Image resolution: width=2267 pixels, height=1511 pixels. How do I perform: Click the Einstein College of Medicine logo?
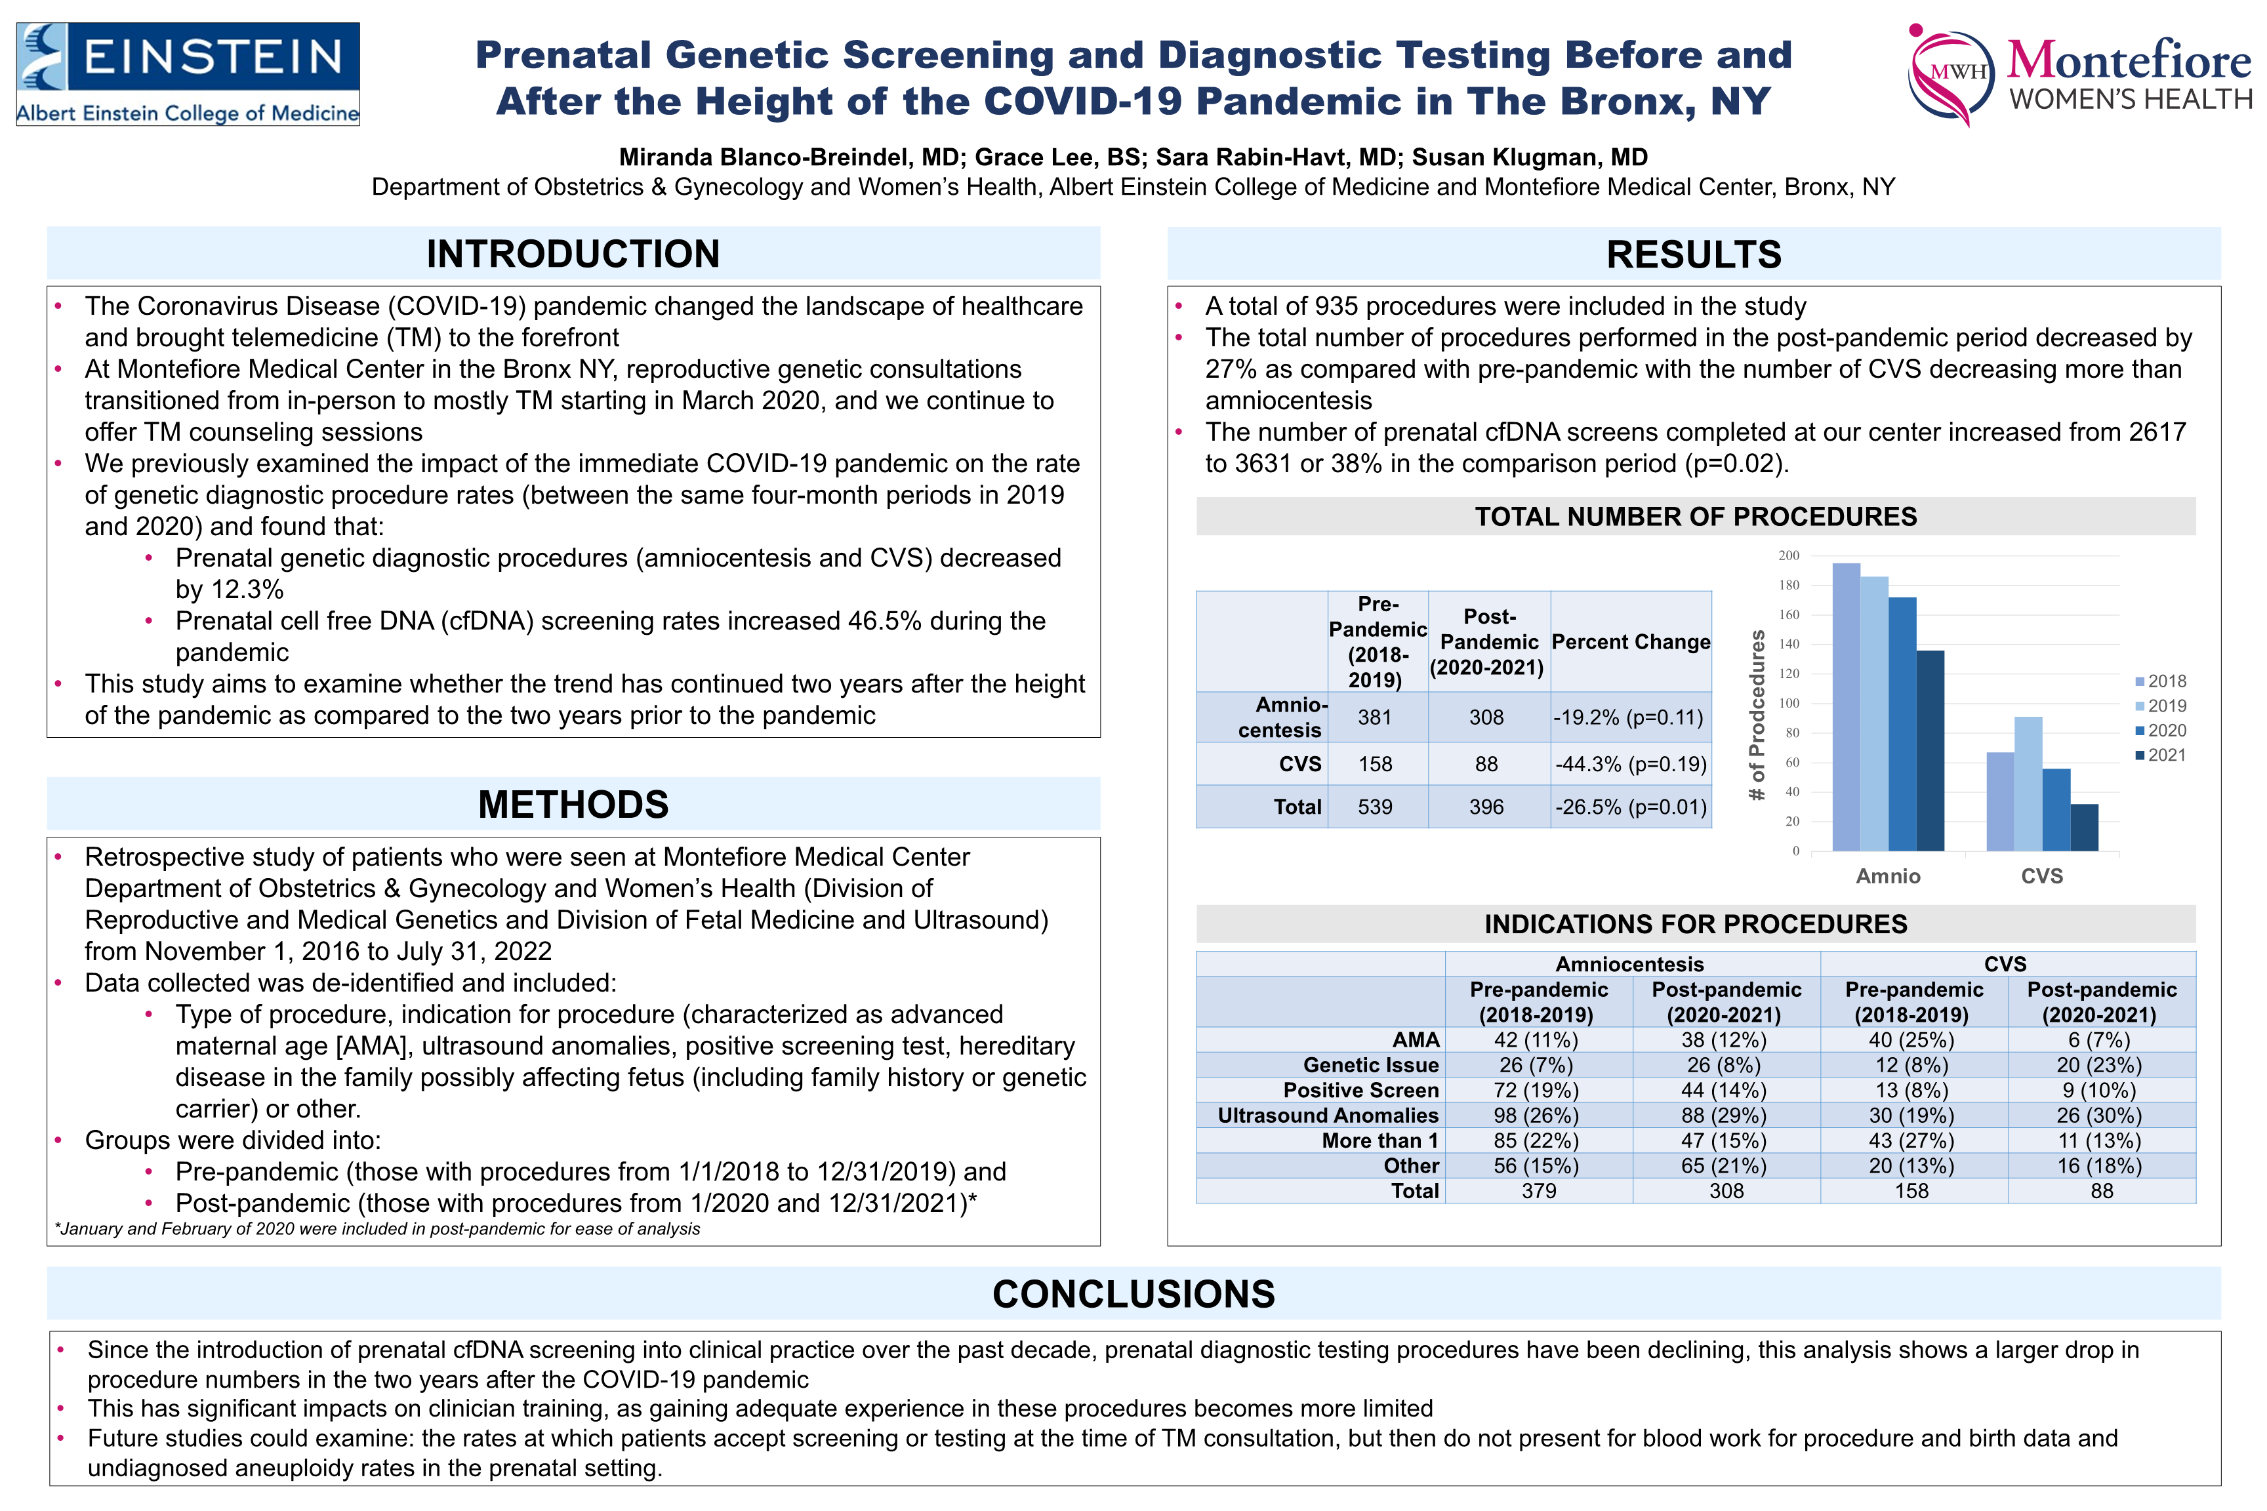[188, 74]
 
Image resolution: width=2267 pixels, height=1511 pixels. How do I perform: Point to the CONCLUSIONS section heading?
[1133, 1294]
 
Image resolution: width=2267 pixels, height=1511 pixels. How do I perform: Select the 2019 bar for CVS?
[2028, 784]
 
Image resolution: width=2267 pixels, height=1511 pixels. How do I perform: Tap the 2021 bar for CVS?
[2084, 827]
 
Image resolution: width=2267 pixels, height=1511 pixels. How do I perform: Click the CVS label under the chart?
[2041, 876]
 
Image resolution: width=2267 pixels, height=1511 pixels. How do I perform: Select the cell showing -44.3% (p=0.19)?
[1631, 764]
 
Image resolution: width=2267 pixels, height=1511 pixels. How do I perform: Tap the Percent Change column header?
[1631, 642]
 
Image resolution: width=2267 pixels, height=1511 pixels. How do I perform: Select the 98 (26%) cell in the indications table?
[1538, 1115]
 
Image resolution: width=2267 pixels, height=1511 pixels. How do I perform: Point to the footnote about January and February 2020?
[378, 1228]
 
